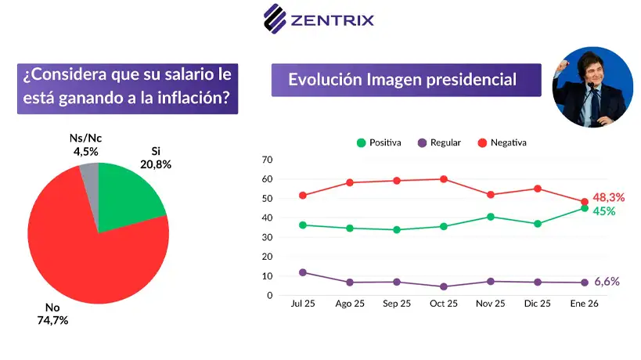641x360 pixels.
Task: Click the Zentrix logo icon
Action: (275, 19)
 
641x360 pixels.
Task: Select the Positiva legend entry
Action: (379, 142)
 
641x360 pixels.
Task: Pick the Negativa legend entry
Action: (502, 142)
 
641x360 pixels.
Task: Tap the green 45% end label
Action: (604, 211)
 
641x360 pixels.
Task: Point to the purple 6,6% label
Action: (607, 282)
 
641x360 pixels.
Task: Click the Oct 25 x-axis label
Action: (444, 304)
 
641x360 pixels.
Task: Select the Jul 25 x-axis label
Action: (302, 304)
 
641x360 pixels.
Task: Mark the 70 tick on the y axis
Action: (267, 160)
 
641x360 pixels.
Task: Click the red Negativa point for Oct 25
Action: (444, 179)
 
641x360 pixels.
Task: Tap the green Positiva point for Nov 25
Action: (491, 217)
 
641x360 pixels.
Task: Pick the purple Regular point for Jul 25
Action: (302, 272)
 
